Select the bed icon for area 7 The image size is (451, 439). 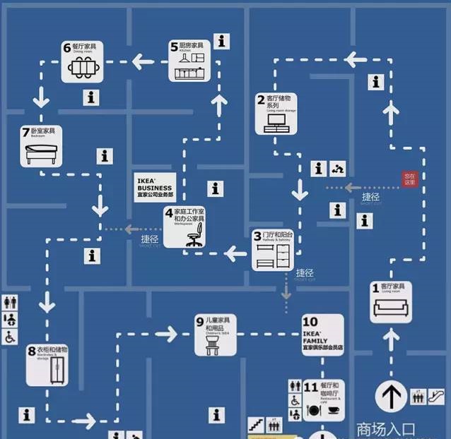click(41, 151)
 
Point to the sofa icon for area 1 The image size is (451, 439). click(391, 308)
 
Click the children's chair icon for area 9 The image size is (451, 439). click(211, 344)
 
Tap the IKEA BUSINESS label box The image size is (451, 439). click(155, 187)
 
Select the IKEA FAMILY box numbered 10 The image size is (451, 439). click(322, 335)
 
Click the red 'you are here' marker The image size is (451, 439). click(411, 179)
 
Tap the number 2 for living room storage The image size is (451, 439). click(260, 100)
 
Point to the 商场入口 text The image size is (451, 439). click(385, 428)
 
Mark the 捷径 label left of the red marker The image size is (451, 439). click(371, 197)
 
